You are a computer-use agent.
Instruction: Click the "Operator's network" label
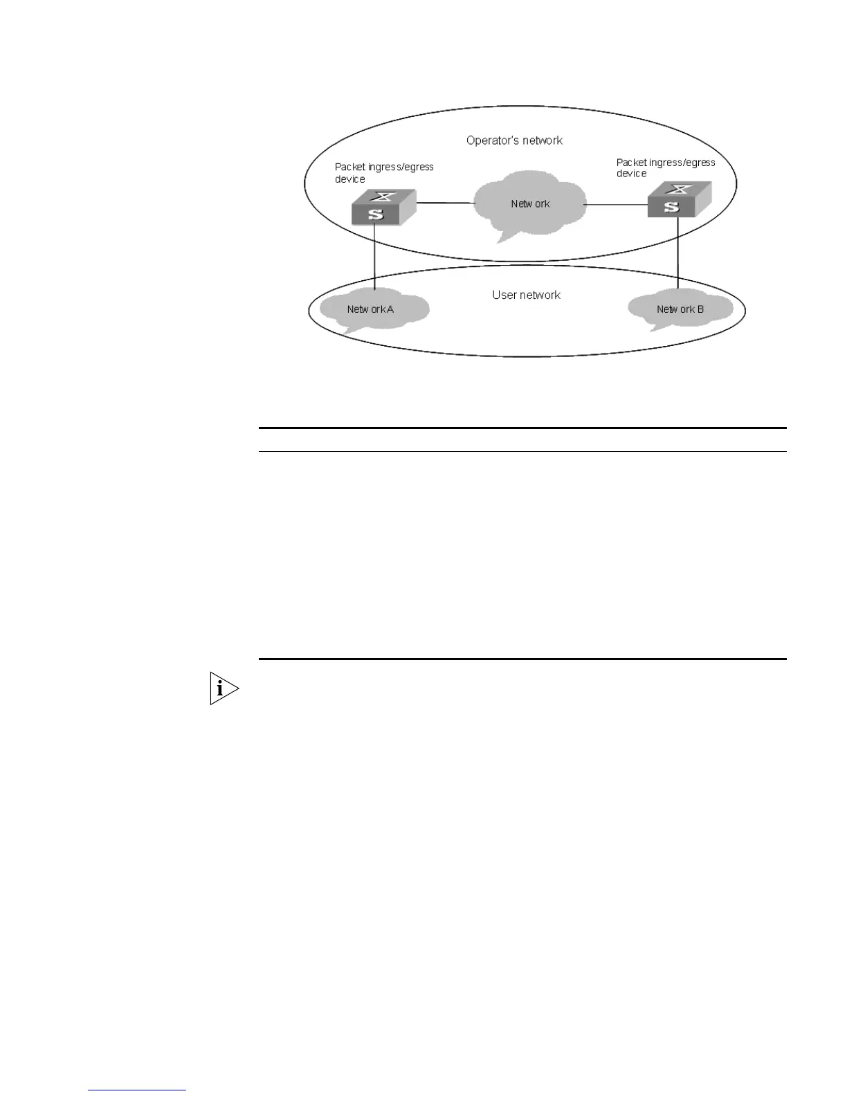pyautogui.click(x=514, y=140)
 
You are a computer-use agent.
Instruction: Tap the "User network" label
pyautogui.click(x=526, y=295)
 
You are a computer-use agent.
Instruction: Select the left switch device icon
pyautogui.click(x=383, y=207)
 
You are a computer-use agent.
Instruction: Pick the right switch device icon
pyautogui.click(x=679, y=200)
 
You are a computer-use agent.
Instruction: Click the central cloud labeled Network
pyautogui.click(x=530, y=203)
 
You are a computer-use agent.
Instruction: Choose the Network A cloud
pyautogui.click(x=371, y=309)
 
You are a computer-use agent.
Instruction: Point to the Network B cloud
pyautogui.click(x=680, y=309)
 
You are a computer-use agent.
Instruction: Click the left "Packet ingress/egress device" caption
pyautogui.click(x=384, y=173)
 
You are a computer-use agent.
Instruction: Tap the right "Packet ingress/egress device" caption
pyautogui.click(x=665, y=168)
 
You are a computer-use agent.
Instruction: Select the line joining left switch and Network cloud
pyautogui.click(x=446, y=203)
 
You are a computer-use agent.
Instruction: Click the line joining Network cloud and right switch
pyautogui.click(x=616, y=205)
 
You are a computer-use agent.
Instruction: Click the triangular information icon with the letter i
pyautogui.click(x=223, y=688)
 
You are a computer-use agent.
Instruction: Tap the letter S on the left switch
pyautogui.click(x=376, y=214)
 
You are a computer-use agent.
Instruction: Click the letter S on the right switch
pyautogui.click(x=671, y=207)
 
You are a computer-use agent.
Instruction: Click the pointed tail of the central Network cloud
pyautogui.click(x=504, y=239)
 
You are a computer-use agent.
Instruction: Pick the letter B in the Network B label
pyautogui.click(x=700, y=309)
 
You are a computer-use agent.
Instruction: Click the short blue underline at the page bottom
pyautogui.click(x=137, y=1090)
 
